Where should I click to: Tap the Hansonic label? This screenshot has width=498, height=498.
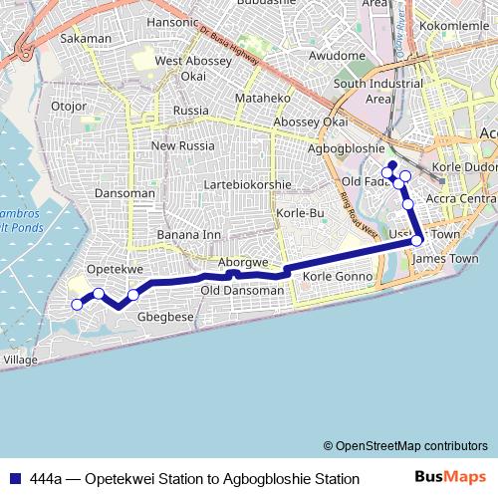point(173,21)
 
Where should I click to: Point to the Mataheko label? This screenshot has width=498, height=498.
point(261,99)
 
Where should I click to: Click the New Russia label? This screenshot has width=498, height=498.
point(177,145)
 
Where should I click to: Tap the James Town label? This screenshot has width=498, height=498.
point(445,259)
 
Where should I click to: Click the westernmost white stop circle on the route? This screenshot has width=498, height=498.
point(78,305)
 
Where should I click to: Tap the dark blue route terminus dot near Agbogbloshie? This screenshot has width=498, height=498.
point(392,164)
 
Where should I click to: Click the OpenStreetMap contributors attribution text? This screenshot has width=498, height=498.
point(404,445)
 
